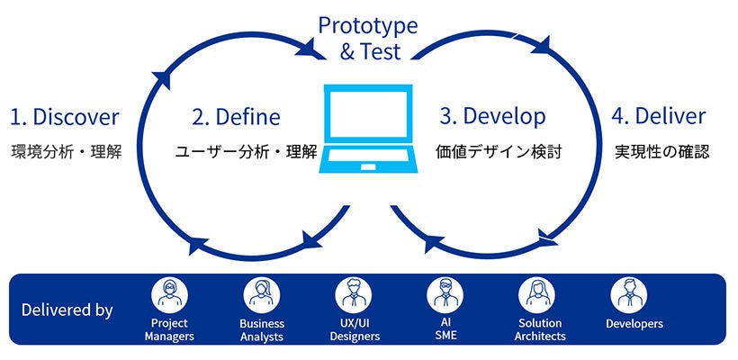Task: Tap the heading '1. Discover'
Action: pos(65,117)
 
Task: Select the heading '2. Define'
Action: pos(236,117)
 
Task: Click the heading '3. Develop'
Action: pos(492,117)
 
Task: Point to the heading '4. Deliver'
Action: pos(659,117)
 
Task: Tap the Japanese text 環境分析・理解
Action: pos(66,151)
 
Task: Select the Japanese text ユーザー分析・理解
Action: pos(246,151)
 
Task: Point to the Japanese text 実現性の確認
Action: pos(661,151)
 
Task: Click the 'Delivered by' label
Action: pos(67,310)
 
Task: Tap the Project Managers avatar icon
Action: pos(169,294)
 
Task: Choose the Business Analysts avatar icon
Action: pos(262,294)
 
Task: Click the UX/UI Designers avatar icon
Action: pos(353,294)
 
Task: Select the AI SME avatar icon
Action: pos(445,294)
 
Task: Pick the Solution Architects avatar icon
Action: pos(537,294)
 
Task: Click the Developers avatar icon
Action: pos(629,294)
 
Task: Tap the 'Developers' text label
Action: pos(634,324)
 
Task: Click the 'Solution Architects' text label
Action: pos(540,329)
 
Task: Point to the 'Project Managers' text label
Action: pos(169,329)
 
